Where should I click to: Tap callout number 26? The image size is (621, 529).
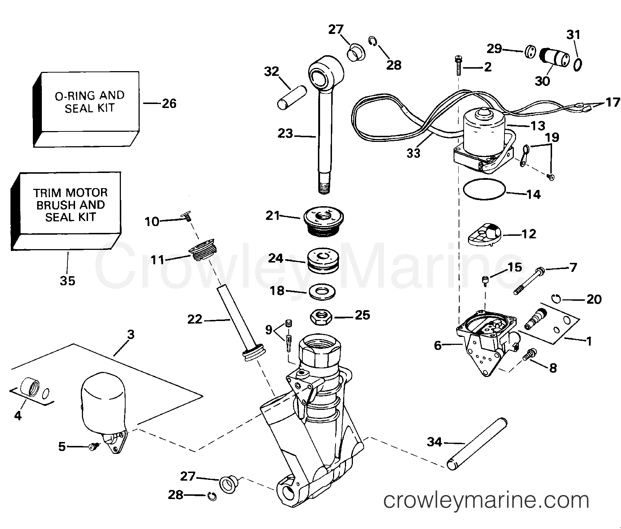[x=169, y=104]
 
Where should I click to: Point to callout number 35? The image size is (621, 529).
[x=67, y=280]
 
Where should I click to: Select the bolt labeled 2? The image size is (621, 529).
[x=458, y=65]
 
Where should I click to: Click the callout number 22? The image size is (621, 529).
[x=195, y=320]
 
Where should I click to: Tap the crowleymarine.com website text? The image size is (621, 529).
[x=486, y=501]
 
